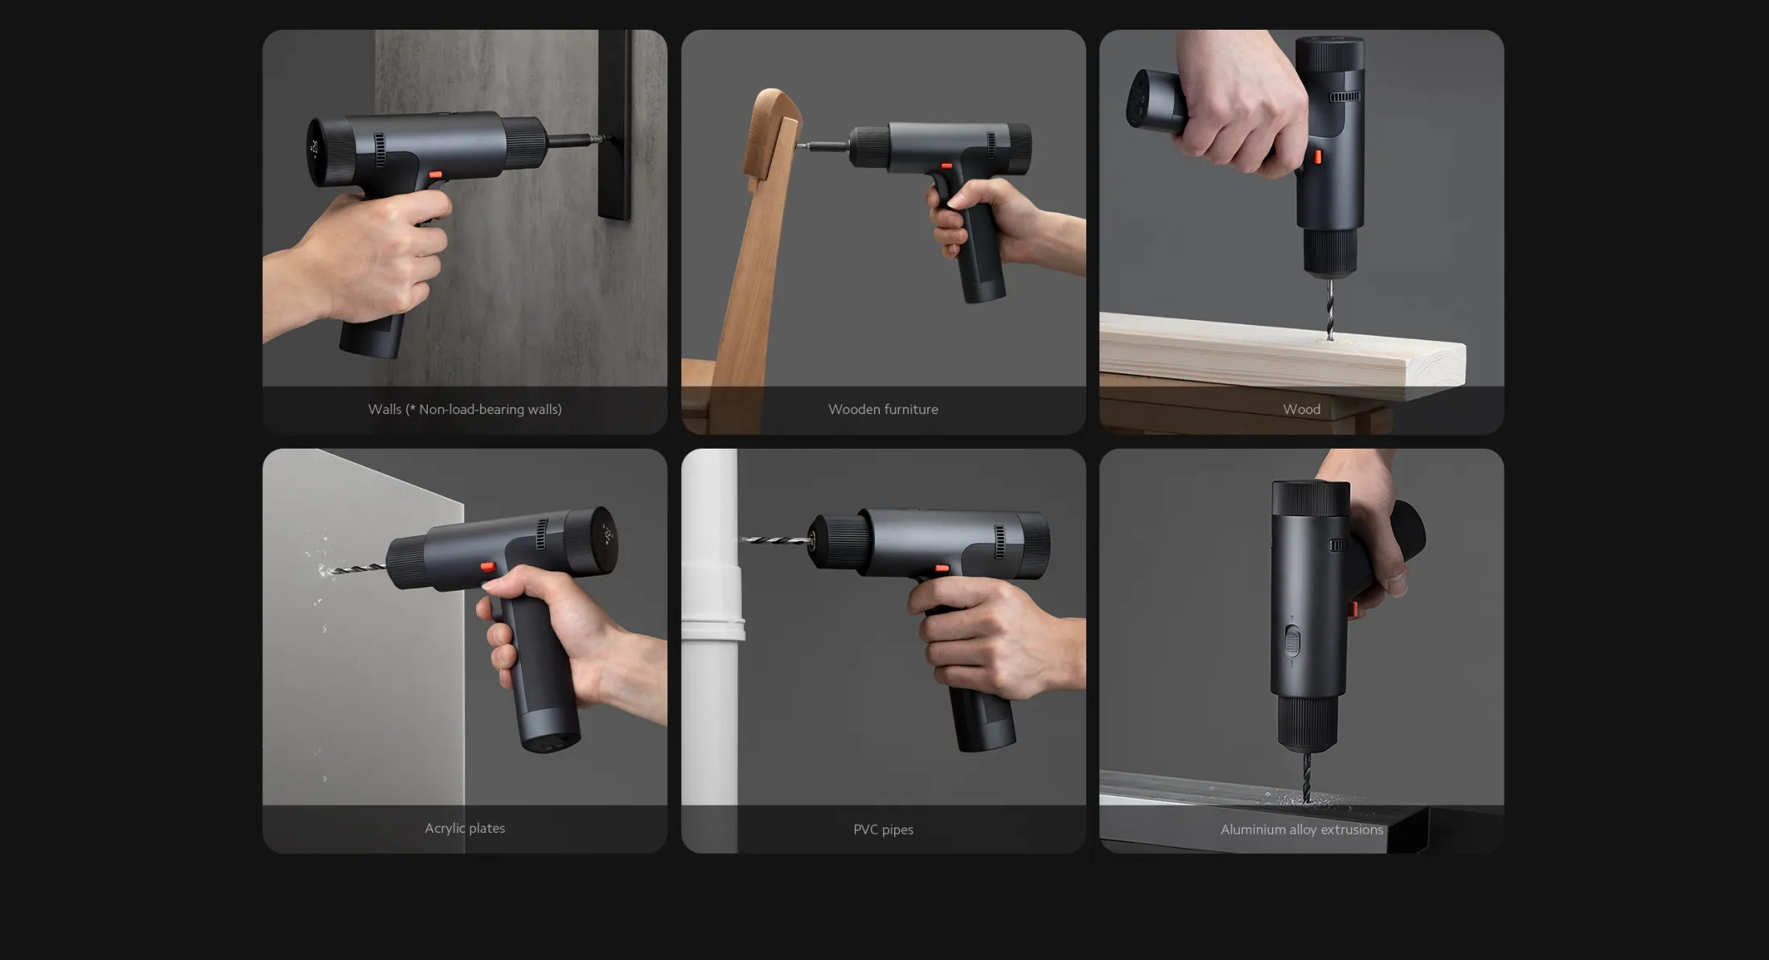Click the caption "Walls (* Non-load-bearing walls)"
(x=465, y=409)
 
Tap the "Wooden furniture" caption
(x=883, y=409)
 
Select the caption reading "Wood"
(x=1301, y=409)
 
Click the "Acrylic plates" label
(x=465, y=828)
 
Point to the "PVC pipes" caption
(x=883, y=829)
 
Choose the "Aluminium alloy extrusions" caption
(x=1301, y=829)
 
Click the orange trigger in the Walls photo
(x=435, y=174)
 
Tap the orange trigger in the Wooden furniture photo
(x=946, y=166)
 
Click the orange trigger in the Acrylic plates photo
(x=488, y=567)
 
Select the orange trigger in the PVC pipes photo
(x=942, y=568)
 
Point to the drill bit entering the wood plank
(x=1328, y=309)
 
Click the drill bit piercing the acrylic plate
(x=354, y=569)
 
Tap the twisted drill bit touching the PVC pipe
(x=776, y=539)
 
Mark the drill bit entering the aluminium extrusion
(x=1306, y=777)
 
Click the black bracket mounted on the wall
(x=614, y=125)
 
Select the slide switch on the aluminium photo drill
(x=1291, y=642)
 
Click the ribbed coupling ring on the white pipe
(x=712, y=628)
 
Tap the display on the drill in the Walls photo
(x=314, y=150)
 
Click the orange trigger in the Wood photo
(x=1318, y=157)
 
